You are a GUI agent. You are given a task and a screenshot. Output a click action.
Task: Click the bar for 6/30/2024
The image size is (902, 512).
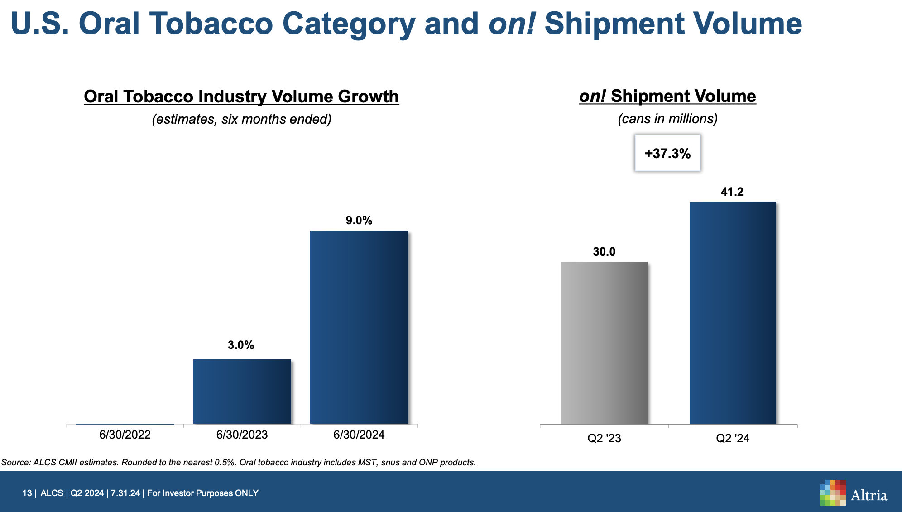(x=359, y=327)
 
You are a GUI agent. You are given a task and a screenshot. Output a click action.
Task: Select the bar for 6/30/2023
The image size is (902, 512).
(x=242, y=391)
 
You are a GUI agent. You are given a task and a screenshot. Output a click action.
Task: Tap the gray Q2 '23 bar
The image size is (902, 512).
(x=604, y=343)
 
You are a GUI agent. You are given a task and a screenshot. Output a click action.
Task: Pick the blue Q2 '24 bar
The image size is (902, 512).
(x=733, y=313)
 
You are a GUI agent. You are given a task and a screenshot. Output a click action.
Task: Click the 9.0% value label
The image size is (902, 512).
(x=359, y=221)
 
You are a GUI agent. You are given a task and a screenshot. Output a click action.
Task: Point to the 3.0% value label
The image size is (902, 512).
(x=241, y=345)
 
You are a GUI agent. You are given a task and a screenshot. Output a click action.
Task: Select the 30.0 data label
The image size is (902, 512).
(x=604, y=252)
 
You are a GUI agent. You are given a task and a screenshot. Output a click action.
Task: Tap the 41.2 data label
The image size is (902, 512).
(x=732, y=192)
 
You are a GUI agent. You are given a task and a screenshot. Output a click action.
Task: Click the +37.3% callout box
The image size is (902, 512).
(x=667, y=153)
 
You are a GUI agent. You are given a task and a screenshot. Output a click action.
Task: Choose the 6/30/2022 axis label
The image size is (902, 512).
(x=125, y=435)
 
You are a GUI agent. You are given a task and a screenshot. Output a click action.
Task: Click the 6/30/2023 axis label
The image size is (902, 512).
(x=242, y=435)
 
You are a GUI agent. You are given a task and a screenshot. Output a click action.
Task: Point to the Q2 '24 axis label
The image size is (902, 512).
(x=733, y=439)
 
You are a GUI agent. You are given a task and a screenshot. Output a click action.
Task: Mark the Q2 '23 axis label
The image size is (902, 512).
(x=604, y=439)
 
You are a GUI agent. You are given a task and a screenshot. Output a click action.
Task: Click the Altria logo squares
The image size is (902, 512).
(x=832, y=493)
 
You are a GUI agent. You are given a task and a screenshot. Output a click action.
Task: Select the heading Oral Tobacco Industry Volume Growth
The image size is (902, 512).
(x=241, y=97)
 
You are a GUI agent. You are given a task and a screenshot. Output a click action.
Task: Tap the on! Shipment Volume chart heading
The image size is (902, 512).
(x=667, y=96)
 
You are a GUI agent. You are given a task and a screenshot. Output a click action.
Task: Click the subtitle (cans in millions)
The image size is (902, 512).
(x=667, y=119)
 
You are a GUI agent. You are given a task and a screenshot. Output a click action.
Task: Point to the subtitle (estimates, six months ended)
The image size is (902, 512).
(x=241, y=119)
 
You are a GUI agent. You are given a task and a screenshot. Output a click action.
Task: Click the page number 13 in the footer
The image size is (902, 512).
(x=27, y=493)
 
